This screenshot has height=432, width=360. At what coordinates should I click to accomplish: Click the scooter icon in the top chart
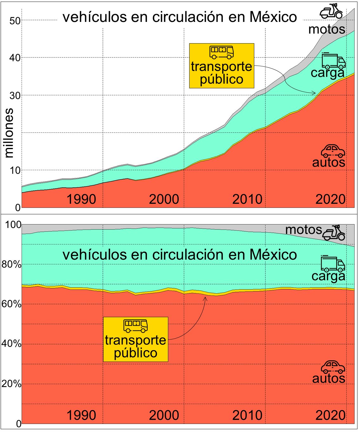pyautogui.click(x=331, y=11)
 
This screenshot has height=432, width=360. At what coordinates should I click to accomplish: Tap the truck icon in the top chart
pyautogui.click(x=333, y=61)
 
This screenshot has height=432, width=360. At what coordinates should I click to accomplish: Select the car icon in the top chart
pyautogui.click(x=333, y=151)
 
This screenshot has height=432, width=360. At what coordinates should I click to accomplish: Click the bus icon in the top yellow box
pyautogui.click(x=222, y=52)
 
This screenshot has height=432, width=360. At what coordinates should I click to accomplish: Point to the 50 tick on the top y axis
pyautogui.click(x=15, y=21)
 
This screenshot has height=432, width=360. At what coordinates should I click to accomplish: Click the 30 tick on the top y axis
pyautogui.click(x=15, y=96)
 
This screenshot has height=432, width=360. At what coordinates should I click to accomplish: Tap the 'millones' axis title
pyautogui.click(x=9, y=133)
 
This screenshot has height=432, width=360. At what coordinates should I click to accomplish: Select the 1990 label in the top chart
pyautogui.click(x=81, y=199)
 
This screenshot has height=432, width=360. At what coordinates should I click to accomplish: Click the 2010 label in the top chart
pyautogui.click(x=247, y=199)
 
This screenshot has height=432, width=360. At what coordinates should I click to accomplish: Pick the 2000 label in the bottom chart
pyautogui.click(x=164, y=415)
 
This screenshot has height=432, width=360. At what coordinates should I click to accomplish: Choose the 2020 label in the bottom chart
pyautogui.click(x=330, y=415)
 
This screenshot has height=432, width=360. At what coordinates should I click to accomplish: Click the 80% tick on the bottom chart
pyautogui.click(x=11, y=264)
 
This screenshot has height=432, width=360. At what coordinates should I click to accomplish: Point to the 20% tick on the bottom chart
pyautogui.click(x=11, y=384)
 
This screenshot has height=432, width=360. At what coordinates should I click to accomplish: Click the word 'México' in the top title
pyautogui.click(x=273, y=17)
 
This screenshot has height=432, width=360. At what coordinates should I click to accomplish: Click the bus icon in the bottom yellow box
pyautogui.click(x=136, y=326)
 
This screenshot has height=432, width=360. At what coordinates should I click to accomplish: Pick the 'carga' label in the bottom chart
pyautogui.click(x=328, y=276)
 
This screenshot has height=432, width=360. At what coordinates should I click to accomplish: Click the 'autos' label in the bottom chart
pyautogui.click(x=329, y=378)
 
